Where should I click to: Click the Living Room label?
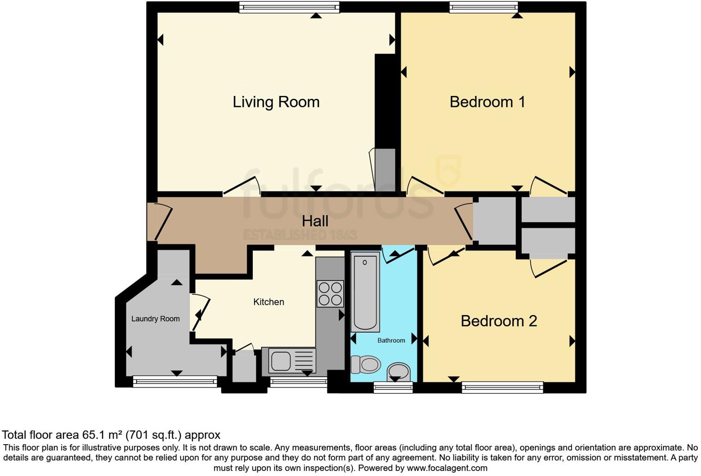pyautogui.click(x=276, y=102)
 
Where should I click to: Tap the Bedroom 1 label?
pyautogui.click(x=487, y=102)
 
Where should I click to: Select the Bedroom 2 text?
pyautogui.click(x=499, y=321)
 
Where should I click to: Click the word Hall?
pyautogui.click(x=315, y=221)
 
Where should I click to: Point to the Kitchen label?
pyautogui.click(x=268, y=302)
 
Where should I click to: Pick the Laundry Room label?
pyautogui.click(x=155, y=319)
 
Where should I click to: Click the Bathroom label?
pyautogui.click(x=391, y=340)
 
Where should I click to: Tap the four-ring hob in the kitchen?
pyautogui.click(x=330, y=294)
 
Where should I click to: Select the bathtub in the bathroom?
pyautogui.click(x=365, y=292)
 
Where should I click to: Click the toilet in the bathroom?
pyautogui.click(x=366, y=364)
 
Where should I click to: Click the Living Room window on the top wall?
pyautogui.click(x=289, y=7)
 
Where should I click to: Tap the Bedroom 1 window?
pyautogui.click(x=483, y=7)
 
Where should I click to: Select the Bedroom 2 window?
pyautogui.click(x=502, y=387)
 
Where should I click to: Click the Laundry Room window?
pyautogui.click(x=175, y=381)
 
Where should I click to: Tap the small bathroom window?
pyautogui.click(x=393, y=387)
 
